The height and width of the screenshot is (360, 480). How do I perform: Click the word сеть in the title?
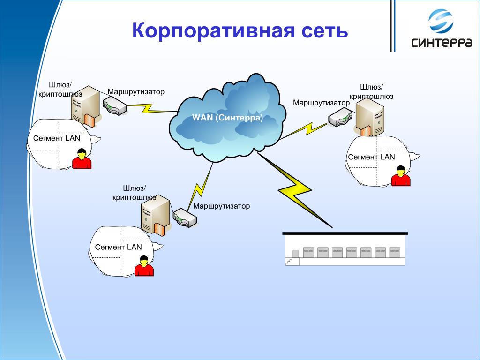click(325, 31)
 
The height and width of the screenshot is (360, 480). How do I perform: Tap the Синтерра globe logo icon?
click(441, 21)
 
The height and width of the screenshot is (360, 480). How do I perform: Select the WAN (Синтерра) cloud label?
click(227, 118)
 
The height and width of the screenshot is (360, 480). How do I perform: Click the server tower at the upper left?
click(85, 106)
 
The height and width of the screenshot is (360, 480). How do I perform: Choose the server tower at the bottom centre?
click(155, 215)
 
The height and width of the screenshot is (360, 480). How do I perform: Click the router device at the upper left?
click(114, 105)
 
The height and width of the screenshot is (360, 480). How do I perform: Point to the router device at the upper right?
click(340, 118)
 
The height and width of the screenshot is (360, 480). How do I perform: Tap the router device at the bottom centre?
click(185, 217)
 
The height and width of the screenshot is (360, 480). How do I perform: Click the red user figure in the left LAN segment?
click(82, 158)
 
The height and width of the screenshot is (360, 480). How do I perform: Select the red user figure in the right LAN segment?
click(401, 176)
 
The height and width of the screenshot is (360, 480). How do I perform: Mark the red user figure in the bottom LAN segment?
click(144, 266)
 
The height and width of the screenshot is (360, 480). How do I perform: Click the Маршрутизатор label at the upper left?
click(136, 92)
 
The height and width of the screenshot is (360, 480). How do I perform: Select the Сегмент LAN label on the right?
click(371, 157)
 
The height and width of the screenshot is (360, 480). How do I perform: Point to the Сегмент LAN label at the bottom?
click(118, 247)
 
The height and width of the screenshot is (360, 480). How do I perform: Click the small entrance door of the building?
click(295, 254)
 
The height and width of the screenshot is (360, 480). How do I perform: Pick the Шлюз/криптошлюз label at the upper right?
click(371, 92)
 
